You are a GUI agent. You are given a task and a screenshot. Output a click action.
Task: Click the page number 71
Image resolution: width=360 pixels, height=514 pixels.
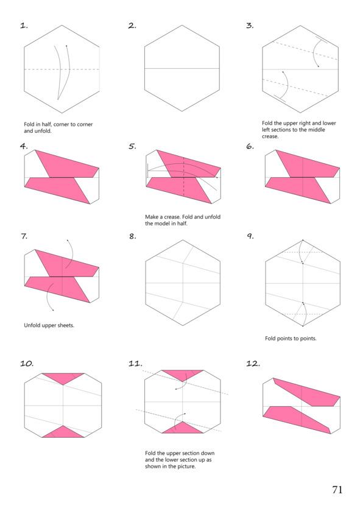coord(337,490)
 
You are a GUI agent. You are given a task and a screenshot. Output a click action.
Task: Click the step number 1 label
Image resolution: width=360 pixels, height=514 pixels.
coord(24,26)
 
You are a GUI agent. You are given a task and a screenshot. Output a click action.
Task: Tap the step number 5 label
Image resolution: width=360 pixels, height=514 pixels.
coord(132,146)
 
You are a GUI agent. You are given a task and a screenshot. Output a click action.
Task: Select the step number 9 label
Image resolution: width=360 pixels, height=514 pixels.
coord(250,236)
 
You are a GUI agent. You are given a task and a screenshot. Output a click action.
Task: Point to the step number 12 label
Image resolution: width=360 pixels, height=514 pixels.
coord(253,363)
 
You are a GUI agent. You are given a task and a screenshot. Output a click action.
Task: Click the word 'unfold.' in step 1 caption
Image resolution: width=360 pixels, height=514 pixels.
coord(43,131)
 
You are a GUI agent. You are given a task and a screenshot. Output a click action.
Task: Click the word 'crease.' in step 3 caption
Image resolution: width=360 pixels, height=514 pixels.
coord(270,136)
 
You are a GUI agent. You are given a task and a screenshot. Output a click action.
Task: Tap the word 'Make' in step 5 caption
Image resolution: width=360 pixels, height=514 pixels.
coord(151,217)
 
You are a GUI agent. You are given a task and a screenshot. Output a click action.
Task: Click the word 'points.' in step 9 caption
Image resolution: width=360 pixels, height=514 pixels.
coord(308,338)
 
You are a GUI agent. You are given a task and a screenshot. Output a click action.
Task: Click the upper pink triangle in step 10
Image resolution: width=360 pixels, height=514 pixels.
coord(63,378)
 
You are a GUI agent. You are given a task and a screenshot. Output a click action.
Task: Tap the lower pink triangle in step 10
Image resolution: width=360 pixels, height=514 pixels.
coord(63,433)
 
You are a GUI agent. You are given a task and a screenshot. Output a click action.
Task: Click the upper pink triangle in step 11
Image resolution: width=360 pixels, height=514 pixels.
coord(183,375)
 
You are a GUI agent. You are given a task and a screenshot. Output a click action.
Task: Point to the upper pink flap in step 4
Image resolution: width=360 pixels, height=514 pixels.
coord(67,164)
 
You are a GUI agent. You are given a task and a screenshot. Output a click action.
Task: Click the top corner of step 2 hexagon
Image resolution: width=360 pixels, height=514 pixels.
coord(182,25)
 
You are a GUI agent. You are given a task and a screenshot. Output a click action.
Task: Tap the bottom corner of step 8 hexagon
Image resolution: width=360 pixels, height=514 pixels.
coord(183,325)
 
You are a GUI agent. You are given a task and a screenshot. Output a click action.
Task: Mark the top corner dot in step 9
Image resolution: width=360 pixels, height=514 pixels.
coord(303,241)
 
